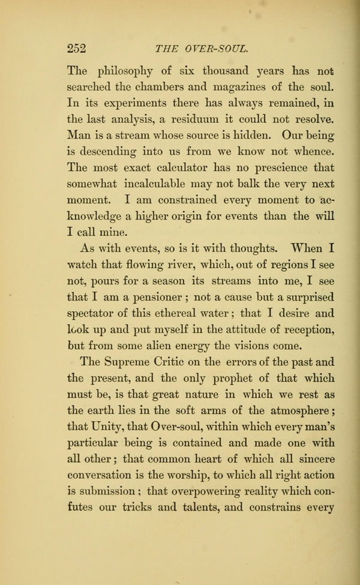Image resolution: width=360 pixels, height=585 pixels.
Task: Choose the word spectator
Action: (94, 314)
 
